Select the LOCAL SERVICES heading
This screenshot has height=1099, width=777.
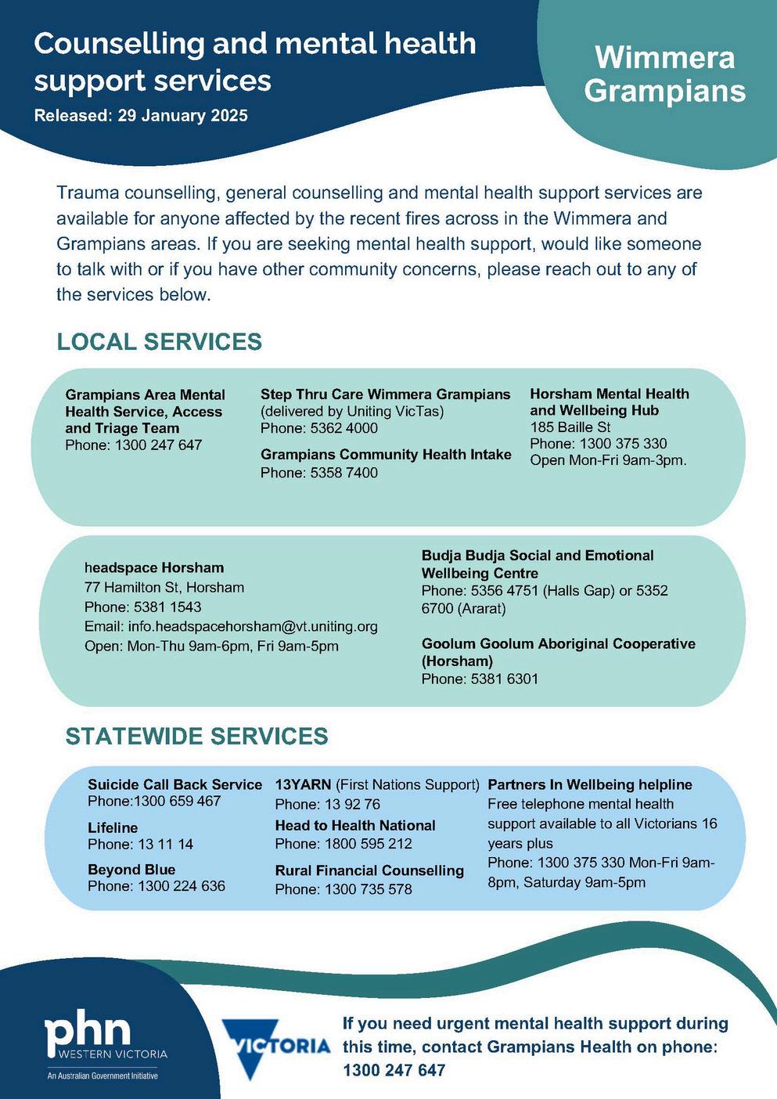pos(159,342)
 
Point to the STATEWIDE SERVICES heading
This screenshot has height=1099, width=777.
pos(196,737)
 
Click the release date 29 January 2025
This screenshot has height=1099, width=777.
pos(182,116)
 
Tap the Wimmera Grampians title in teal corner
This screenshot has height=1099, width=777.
pos(664,74)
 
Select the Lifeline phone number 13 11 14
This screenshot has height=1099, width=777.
pos(165,844)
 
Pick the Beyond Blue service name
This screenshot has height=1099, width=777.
pos(131,870)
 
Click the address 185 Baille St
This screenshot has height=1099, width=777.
pos(570,427)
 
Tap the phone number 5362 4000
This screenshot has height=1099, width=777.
pos(344,428)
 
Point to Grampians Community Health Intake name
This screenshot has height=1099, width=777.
pos(386,455)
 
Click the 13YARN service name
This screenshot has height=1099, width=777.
pos(303,784)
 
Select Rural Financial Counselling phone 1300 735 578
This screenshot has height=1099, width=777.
pos(368,889)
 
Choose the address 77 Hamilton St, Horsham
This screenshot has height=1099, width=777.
pos(164,587)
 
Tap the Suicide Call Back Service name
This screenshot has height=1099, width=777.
pos(174,784)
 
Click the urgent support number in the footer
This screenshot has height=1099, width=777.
pos(394,1070)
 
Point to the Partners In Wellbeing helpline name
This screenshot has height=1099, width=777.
pos(590,784)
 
